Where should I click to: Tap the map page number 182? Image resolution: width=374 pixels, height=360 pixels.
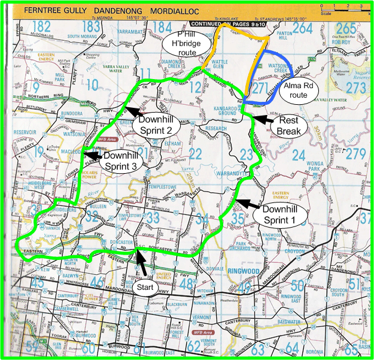click(x=42, y=27)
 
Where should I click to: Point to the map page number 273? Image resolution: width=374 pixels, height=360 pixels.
click(x=355, y=88)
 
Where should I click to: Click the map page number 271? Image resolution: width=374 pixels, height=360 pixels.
click(x=260, y=89)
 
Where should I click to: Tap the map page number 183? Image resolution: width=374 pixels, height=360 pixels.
click(x=92, y=27)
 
